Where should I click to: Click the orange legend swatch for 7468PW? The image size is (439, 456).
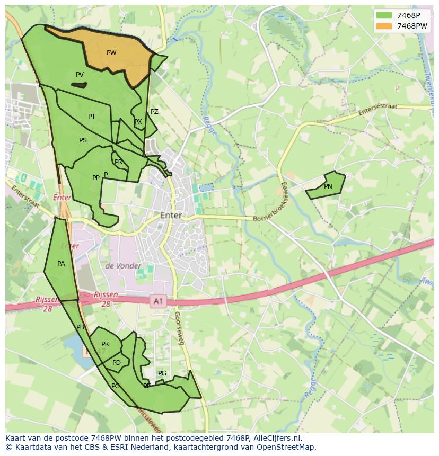[x=384, y=26]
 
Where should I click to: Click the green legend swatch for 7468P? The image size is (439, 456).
[x=384, y=15]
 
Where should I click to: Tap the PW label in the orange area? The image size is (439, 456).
[x=111, y=53]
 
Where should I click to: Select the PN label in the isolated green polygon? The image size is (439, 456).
[x=328, y=186]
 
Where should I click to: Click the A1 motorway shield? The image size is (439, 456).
[x=157, y=301]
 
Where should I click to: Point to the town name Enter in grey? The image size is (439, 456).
[x=171, y=216]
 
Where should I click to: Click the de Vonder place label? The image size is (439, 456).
[x=124, y=266]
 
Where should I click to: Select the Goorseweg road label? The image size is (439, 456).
[x=179, y=328]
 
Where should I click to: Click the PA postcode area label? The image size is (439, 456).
[x=61, y=264]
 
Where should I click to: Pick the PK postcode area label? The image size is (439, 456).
[x=105, y=344]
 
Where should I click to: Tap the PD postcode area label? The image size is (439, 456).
[x=117, y=363]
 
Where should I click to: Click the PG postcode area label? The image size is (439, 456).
[x=162, y=373]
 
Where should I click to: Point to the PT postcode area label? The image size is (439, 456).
[x=92, y=117]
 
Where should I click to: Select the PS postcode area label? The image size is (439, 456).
[x=83, y=140]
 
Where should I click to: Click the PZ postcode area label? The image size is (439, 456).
[x=154, y=112]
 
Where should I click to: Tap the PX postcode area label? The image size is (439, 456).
[x=138, y=122]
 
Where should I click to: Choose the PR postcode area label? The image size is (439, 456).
[x=118, y=162]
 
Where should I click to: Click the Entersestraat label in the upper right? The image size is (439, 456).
[x=377, y=110]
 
